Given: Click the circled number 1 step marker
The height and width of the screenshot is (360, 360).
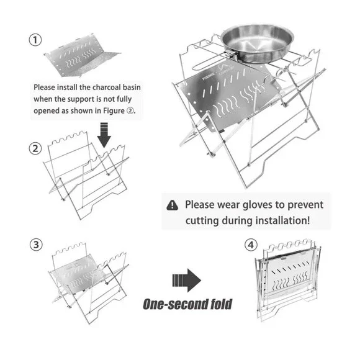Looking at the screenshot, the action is (x=35, y=40).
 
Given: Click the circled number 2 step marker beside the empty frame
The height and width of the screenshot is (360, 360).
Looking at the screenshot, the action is (x=35, y=148).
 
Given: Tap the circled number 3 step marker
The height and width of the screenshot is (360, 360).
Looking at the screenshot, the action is (x=36, y=245).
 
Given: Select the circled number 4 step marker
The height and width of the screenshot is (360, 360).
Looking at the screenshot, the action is (x=251, y=245).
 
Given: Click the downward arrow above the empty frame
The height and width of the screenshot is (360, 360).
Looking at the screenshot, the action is (x=104, y=135).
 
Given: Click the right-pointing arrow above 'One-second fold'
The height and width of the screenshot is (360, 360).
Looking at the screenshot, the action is (x=187, y=280).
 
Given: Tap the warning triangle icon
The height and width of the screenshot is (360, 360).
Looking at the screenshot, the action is (x=172, y=205).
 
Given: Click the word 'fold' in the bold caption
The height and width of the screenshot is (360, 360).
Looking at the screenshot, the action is (x=222, y=304).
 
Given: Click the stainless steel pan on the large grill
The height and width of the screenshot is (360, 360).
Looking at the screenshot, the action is (x=257, y=43).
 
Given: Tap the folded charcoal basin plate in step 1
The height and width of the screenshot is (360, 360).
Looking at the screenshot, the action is (x=82, y=56).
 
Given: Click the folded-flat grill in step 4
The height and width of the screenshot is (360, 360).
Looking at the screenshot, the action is (x=288, y=279).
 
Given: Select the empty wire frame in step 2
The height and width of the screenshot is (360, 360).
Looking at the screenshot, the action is (x=86, y=175).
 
